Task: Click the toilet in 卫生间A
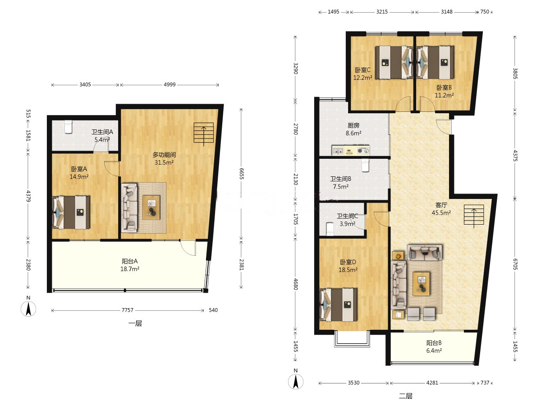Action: [68, 127]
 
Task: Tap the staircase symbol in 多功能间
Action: [204, 134]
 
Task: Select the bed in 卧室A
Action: [71, 212]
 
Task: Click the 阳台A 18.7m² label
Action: [130, 265]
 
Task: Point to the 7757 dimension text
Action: [128, 310]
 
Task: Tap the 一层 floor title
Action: [135, 323]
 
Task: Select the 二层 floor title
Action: [406, 396]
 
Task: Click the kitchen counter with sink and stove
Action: [350, 150]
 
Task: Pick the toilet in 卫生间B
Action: [365, 165]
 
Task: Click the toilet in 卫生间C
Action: [330, 229]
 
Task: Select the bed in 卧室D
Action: [339, 304]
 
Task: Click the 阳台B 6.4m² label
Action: [434, 346]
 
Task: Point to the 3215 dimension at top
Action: [382, 12]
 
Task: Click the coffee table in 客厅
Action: [422, 284]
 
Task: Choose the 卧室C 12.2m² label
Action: [362, 74]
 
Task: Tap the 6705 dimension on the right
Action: [515, 264]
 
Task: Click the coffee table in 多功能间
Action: [151, 208]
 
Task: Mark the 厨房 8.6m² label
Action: [353, 129]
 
